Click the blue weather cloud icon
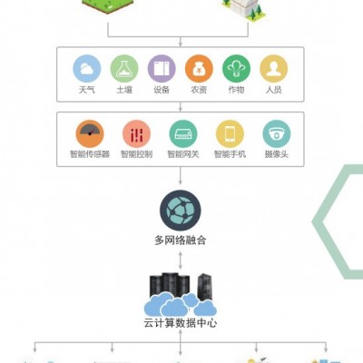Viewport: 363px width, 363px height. (87, 69)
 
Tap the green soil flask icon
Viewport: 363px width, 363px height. (124, 69)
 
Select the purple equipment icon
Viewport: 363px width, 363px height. (162, 69)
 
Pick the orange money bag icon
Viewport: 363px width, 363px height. (199, 69)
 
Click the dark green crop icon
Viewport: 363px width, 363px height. (236, 69)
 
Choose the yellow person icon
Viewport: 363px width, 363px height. (274, 69)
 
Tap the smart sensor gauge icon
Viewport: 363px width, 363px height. (90, 134)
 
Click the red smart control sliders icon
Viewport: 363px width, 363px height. (136, 134)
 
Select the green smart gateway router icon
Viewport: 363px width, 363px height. (183, 134)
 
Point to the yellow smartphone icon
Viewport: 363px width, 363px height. (230, 134)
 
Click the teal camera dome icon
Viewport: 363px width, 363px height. (277, 134)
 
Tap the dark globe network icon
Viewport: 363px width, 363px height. (181, 211)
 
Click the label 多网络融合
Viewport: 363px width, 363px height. (181, 240)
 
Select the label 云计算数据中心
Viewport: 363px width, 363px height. (181, 323)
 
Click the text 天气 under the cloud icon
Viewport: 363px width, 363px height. (87, 90)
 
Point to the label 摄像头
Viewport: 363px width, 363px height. (277, 154)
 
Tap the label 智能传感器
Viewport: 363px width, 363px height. (90, 154)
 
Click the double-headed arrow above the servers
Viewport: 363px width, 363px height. (181, 260)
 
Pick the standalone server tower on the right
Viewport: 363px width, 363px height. (205, 287)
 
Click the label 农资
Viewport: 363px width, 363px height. (199, 90)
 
